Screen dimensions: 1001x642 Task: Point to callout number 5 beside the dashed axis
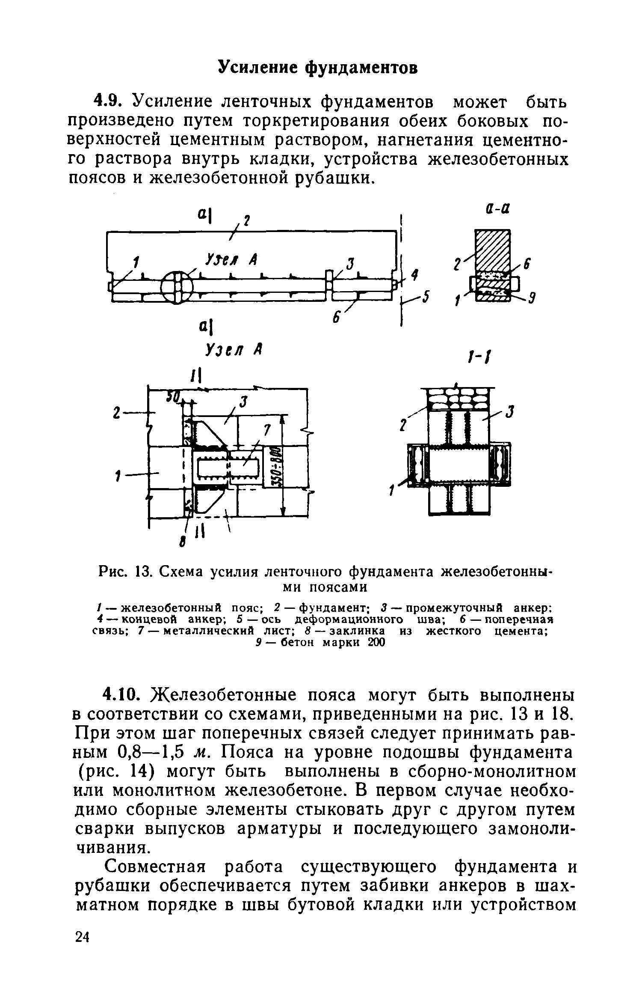424,298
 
